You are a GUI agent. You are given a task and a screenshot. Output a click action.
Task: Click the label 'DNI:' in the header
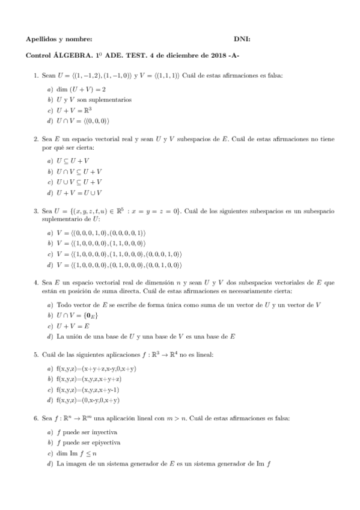(242, 39)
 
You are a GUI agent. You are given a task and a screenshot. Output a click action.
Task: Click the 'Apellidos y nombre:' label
(59, 39)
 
